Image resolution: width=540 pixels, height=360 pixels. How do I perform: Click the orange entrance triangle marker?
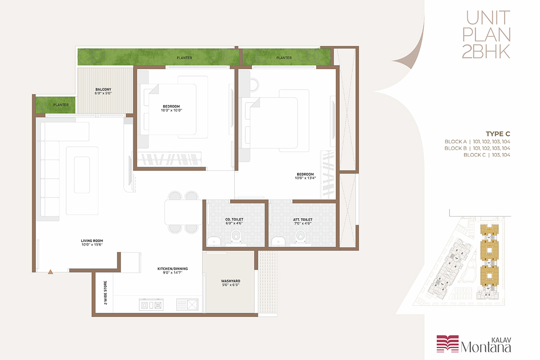coord(50,272)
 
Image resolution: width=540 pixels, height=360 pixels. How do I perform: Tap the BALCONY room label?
coord(103,90)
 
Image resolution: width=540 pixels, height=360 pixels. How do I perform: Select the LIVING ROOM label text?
coord(92,241)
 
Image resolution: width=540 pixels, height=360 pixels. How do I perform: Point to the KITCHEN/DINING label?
coord(173,269)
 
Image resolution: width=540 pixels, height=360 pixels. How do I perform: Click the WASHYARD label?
coord(231,281)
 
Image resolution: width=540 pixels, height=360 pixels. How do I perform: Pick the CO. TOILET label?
coord(234,220)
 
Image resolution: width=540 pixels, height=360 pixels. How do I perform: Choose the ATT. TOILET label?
coord(303,220)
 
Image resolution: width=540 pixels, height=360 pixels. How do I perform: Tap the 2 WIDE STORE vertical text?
coord(105,293)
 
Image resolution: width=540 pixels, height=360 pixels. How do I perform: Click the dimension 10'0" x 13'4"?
coord(306,178)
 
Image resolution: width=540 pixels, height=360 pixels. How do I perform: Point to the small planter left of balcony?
coord(55,105)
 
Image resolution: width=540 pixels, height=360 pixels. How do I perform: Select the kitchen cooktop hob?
coord(151,305)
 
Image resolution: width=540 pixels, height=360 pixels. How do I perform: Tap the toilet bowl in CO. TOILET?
coord(236,236)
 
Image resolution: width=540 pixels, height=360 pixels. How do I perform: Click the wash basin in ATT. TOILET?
coord(279,241)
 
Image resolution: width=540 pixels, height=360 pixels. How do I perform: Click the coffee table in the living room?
coord(82,175)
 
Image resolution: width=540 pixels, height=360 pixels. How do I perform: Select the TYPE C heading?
coord(498,134)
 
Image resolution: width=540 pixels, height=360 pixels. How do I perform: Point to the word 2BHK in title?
coord(486,51)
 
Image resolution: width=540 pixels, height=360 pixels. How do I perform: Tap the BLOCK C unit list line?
coord(487,155)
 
